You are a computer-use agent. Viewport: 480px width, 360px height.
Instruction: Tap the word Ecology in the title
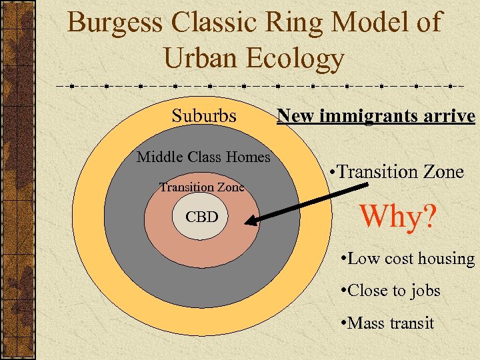click(x=295, y=58)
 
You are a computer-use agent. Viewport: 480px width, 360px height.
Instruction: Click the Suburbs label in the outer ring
click(x=204, y=116)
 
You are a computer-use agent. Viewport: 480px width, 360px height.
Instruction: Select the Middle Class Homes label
click(x=203, y=157)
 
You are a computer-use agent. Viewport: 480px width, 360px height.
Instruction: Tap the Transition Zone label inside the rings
click(x=201, y=187)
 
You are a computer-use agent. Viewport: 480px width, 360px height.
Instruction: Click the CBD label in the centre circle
click(x=201, y=217)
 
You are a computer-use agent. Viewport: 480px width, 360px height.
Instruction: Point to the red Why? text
click(x=398, y=215)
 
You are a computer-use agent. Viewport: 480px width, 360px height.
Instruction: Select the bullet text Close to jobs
click(x=389, y=291)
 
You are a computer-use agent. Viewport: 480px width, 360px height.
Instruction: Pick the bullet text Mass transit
click(x=387, y=323)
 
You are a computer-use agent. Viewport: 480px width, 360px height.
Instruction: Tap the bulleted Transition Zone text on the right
click(x=397, y=172)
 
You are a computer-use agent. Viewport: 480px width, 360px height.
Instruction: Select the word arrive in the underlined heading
click(x=450, y=117)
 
